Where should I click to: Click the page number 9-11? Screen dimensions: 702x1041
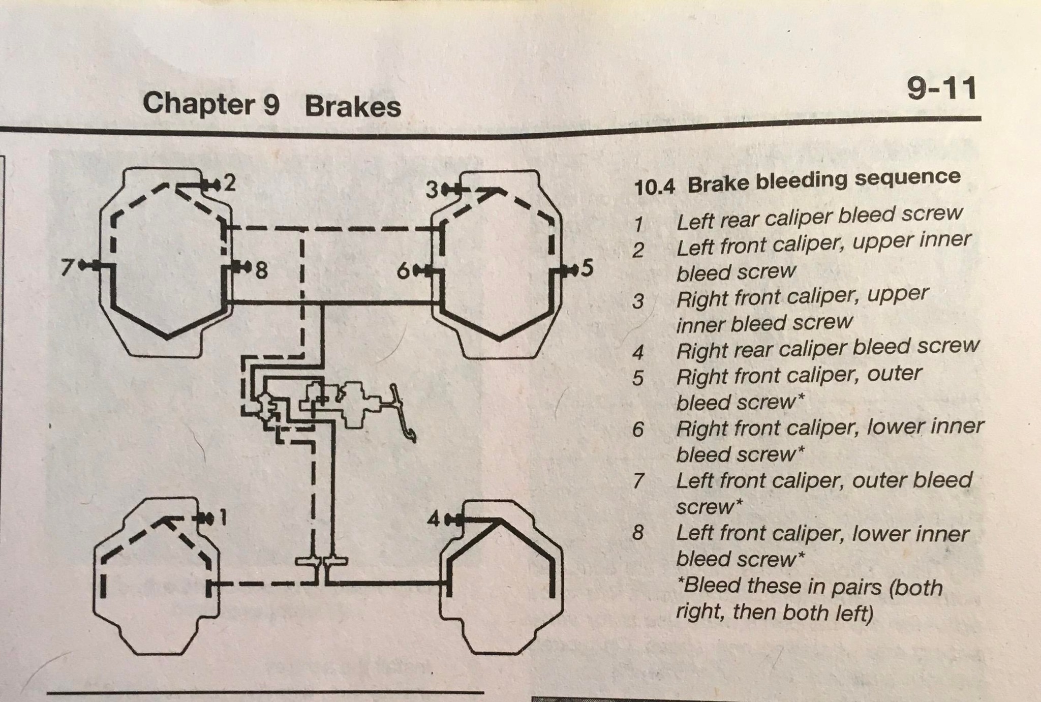click(941, 89)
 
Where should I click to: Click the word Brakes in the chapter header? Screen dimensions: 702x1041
click(353, 107)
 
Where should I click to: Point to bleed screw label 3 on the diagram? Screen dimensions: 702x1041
click(432, 191)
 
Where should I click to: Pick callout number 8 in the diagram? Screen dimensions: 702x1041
click(261, 270)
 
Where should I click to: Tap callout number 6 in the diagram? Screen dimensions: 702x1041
click(403, 272)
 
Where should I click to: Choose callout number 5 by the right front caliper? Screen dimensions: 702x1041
click(587, 268)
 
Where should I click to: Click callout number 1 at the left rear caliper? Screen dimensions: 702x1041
click(222, 518)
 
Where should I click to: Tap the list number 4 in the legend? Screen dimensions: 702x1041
click(638, 352)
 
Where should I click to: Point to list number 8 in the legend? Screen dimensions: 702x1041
click(638, 533)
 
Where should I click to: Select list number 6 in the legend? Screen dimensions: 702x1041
click(638, 430)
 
